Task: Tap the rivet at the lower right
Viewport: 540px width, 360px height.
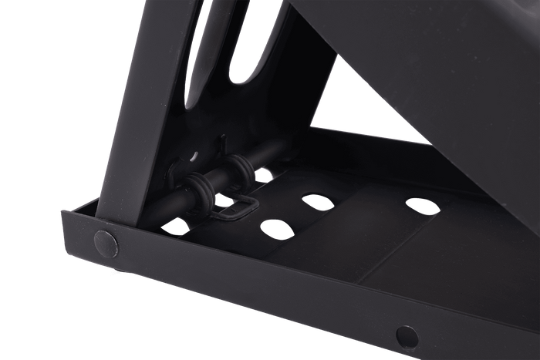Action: coord(407,335)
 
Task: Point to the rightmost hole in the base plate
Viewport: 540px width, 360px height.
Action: coord(422,206)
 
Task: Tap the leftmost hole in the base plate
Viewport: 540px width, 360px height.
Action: coord(177,227)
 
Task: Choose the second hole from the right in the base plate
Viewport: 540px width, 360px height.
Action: coord(317,202)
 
